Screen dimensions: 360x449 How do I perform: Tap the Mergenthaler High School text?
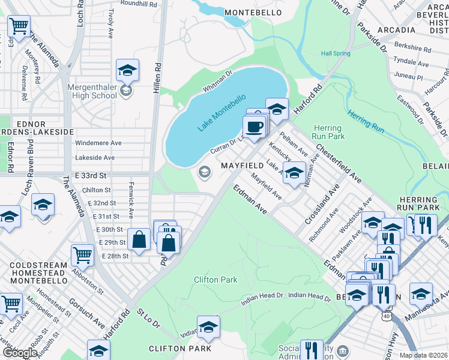click(92, 91)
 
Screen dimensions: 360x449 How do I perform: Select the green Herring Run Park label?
click(328, 132)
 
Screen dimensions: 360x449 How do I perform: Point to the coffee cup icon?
click(254, 127)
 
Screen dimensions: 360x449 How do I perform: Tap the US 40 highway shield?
click(384, 315)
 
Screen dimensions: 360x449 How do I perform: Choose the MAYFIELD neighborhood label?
click(242, 165)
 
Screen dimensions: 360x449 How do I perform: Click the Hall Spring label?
click(336, 53)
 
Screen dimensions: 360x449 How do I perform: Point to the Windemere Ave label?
click(98, 143)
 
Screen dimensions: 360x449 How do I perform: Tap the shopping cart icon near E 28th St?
click(82, 255)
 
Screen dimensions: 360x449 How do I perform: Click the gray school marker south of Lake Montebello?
click(204, 173)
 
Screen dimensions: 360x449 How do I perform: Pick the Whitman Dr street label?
click(217, 82)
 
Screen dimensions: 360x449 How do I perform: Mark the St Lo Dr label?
click(148, 317)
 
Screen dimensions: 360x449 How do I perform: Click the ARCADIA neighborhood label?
click(396, 29)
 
